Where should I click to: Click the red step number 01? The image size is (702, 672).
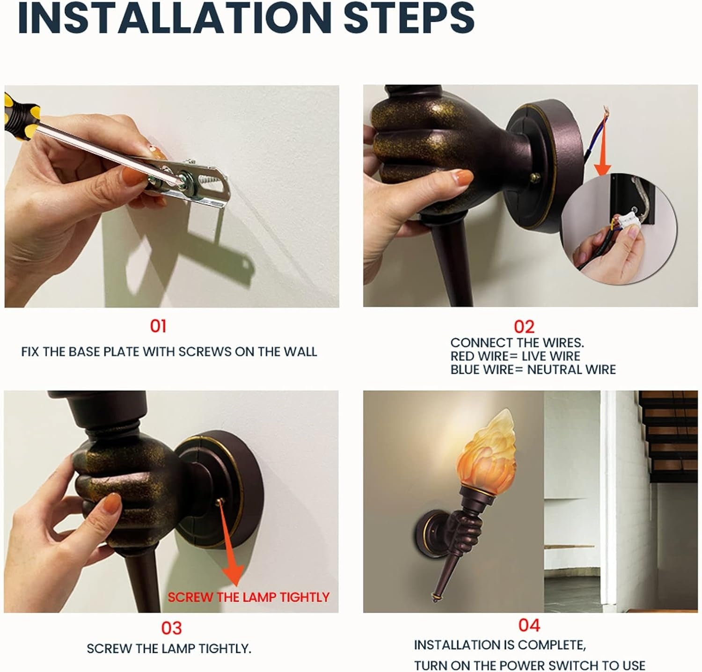tap(158, 326)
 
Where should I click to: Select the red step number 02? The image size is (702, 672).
tap(524, 326)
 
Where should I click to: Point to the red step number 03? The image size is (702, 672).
tap(171, 628)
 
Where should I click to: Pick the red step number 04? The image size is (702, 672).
tap(529, 625)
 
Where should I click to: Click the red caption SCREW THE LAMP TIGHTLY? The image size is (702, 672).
tap(249, 597)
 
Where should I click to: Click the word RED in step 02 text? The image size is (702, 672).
tap(463, 356)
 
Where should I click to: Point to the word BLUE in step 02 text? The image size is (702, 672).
tap(466, 370)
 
